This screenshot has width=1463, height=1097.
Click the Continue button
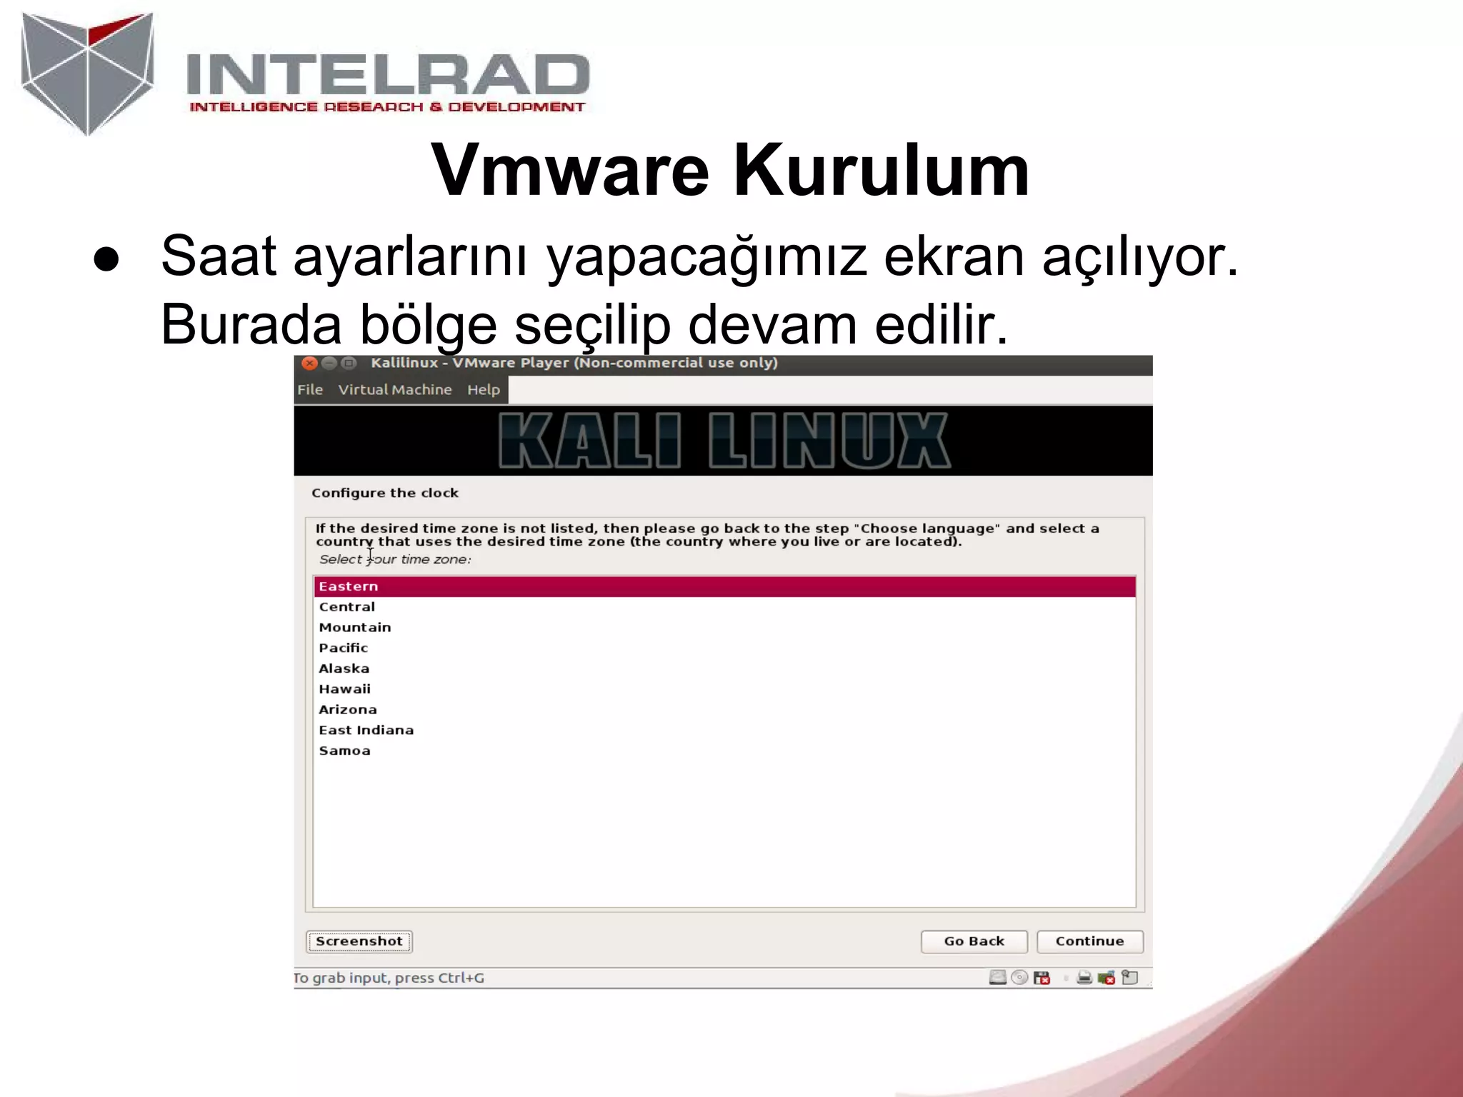tap(1089, 941)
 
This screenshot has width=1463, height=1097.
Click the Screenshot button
tap(359, 941)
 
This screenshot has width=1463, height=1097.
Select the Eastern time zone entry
tap(349, 586)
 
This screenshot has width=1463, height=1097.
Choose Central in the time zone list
tap(347, 607)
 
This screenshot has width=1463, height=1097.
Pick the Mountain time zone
tap(355, 628)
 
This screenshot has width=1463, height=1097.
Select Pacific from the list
tap(344, 648)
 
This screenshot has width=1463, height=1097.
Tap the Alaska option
tap(344, 668)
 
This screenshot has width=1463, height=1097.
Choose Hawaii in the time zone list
tap(345, 689)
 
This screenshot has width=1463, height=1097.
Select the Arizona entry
tap(348, 710)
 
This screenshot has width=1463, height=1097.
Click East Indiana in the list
tap(366, 730)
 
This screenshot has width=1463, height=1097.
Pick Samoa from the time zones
tap(345, 751)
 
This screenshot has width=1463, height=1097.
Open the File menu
tap(310, 390)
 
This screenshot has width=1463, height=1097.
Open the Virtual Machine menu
tap(395, 390)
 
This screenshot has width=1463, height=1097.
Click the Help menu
tap(484, 390)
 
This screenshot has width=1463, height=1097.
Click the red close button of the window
tap(309, 364)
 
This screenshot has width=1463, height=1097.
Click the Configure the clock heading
tap(385, 493)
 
